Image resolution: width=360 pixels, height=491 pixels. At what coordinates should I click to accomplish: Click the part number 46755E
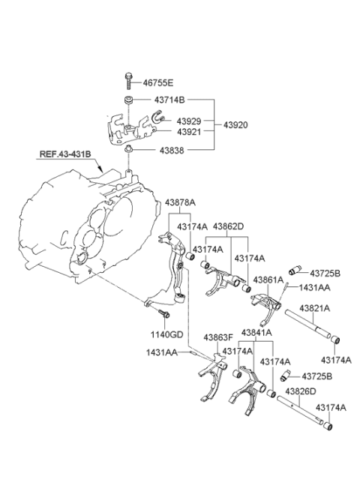(x=158, y=83)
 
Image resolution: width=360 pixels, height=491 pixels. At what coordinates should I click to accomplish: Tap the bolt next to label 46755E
(x=128, y=81)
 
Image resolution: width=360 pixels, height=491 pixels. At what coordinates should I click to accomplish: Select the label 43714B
(x=169, y=100)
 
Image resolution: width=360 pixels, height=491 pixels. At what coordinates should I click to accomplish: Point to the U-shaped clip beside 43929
(x=158, y=117)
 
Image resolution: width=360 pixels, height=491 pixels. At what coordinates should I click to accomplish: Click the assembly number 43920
(x=235, y=125)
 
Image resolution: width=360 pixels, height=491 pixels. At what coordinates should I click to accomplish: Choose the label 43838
(x=172, y=151)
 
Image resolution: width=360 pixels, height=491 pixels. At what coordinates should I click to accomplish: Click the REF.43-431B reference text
(x=65, y=154)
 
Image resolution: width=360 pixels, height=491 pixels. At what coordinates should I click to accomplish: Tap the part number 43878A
(x=180, y=202)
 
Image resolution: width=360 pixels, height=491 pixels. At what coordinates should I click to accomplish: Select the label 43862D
(x=229, y=226)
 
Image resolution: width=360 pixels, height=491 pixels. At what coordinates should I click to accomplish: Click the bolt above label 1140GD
(x=164, y=313)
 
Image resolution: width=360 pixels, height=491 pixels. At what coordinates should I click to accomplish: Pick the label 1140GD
(x=166, y=335)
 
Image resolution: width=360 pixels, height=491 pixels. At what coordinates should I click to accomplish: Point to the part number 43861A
(x=268, y=280)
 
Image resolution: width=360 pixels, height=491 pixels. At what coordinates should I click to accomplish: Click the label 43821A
(x=314, y=308)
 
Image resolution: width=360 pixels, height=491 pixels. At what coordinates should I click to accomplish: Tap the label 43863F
(x=218, y=337)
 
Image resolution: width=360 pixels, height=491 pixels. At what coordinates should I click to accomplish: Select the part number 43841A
(x=256, y=333)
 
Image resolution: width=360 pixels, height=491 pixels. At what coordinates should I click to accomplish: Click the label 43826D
(x=301, y=391)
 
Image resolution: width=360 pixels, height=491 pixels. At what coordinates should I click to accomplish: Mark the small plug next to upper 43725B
(x=295, y=270)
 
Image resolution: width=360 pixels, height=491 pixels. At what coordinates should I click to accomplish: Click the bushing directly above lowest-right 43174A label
(x=328, y=426)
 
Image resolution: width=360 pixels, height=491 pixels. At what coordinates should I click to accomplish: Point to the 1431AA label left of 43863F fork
(x=162, y=352)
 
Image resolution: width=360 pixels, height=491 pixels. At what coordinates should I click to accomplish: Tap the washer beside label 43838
(x=128, y=149)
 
